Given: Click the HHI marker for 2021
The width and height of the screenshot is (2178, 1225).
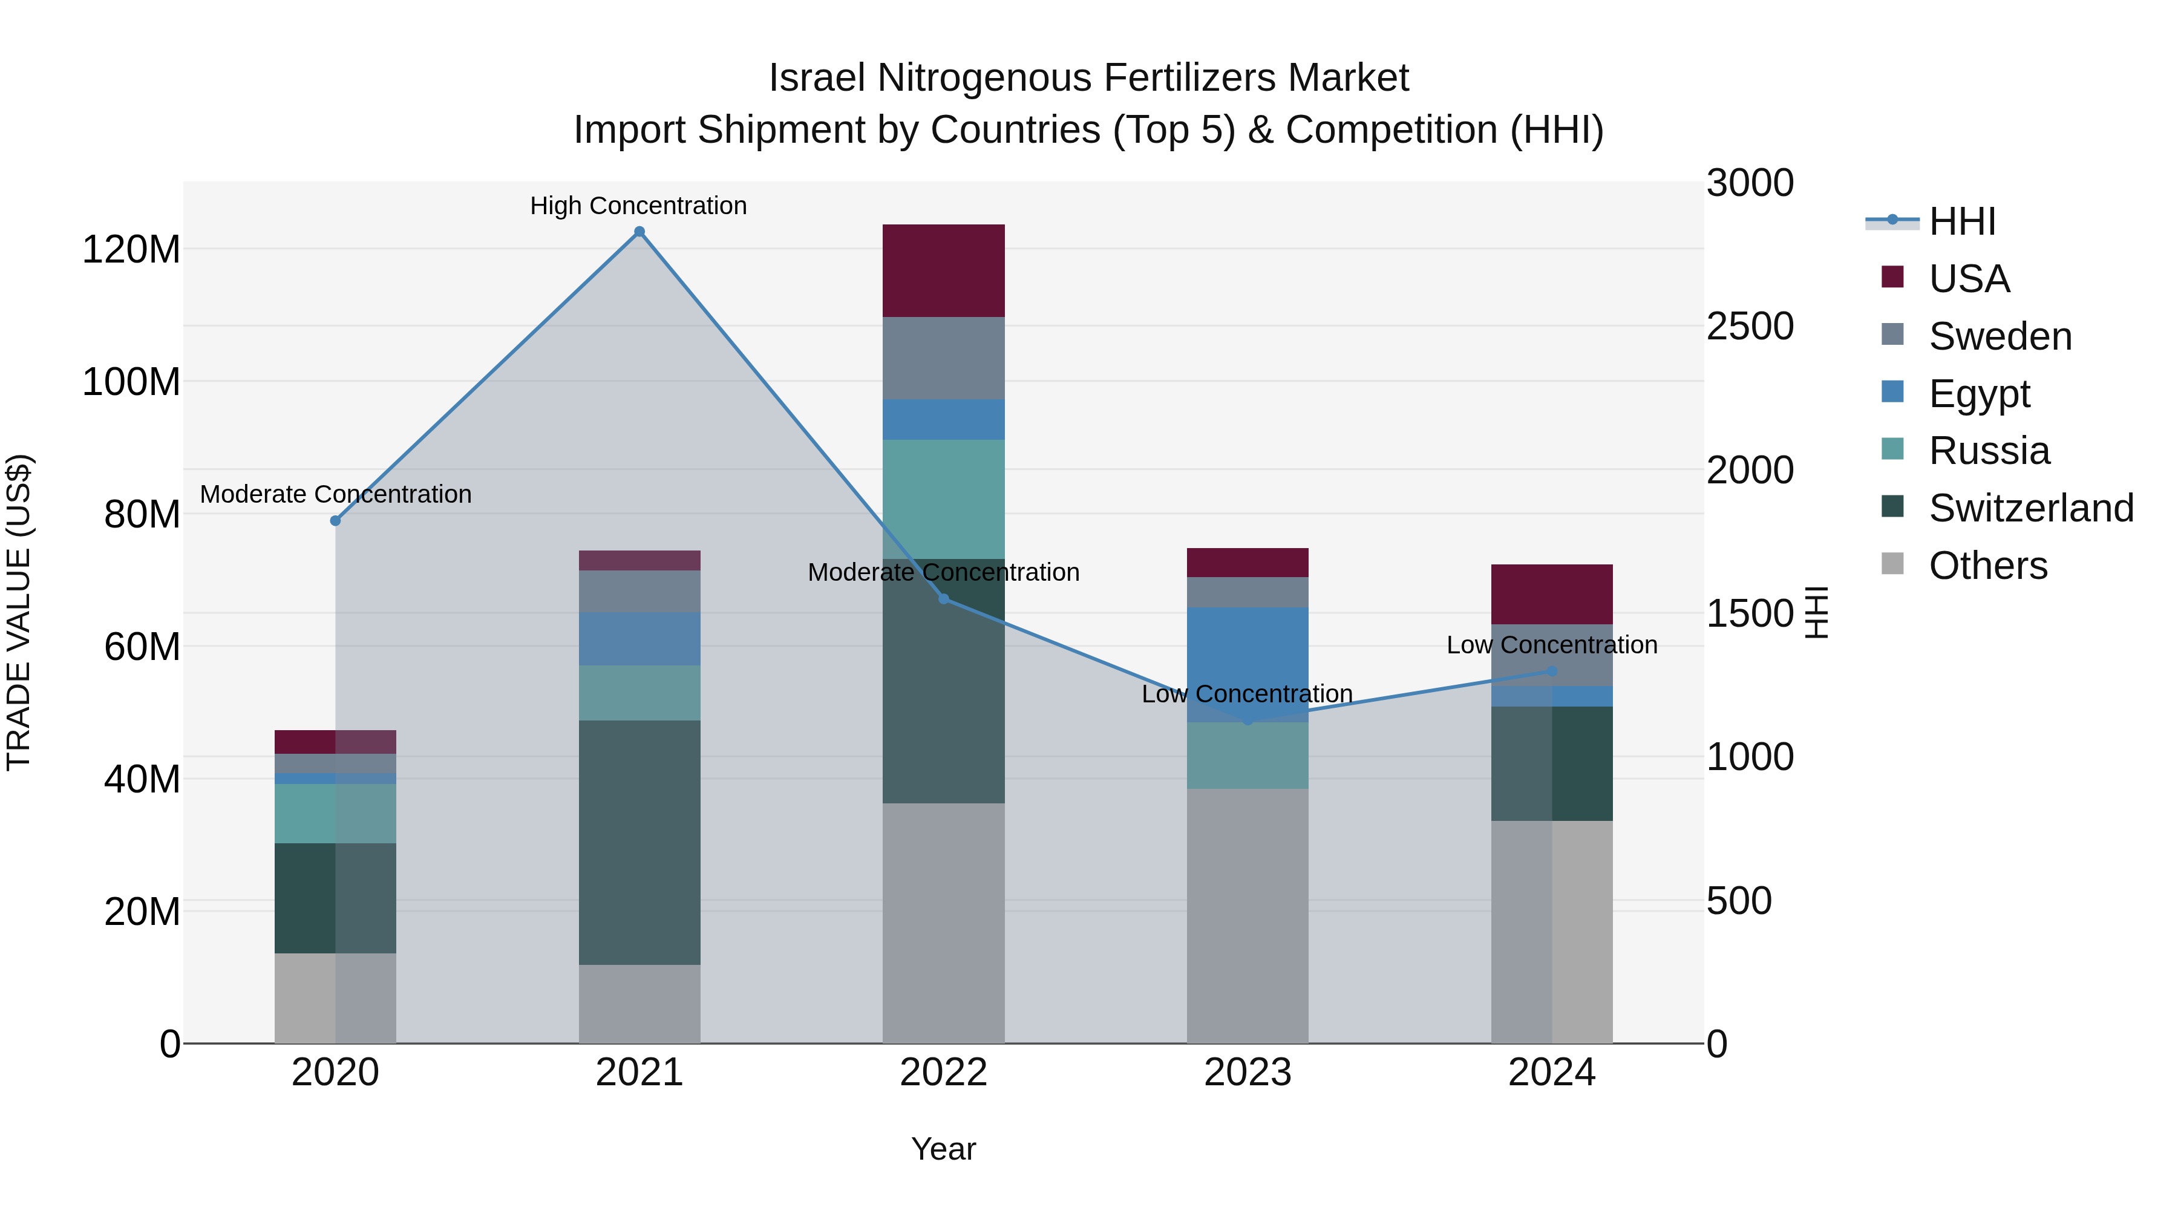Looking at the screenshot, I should (x=639, y=232).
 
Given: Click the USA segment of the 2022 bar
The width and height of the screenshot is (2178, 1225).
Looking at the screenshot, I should (x=944, y=270).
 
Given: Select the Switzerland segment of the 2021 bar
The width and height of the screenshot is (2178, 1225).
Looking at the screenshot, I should (x=639, y=842).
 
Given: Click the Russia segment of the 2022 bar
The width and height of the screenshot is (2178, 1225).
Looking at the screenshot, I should (x=944, y=499).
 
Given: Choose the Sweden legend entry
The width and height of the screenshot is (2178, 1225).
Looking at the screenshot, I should (x=2000, y=336).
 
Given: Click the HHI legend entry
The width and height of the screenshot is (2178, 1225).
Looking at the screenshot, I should (x=1961, y=221).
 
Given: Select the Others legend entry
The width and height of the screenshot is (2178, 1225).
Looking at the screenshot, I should (x=1987, y=566).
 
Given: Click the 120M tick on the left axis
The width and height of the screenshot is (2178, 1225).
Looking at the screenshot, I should (x=131, y=249).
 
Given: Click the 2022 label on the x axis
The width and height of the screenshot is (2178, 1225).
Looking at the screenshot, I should (x=944, y=1073).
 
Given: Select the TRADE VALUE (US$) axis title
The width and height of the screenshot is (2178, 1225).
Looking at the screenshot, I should (x=19, y=612).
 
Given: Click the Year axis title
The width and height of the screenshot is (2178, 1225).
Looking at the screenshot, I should (x=944, y=1149).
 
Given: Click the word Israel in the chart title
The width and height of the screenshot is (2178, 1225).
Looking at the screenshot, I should (x=817, y=78).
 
